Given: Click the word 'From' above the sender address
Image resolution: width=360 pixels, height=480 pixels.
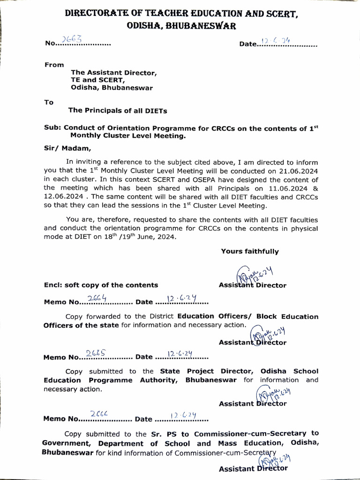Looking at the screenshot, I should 54,65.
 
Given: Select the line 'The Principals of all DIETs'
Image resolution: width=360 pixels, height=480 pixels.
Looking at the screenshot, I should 118,111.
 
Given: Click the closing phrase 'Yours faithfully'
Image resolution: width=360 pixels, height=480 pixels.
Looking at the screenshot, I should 250,251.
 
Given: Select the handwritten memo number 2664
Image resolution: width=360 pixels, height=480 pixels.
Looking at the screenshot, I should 97,298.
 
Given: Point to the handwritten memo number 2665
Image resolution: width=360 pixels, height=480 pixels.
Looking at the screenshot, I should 97,353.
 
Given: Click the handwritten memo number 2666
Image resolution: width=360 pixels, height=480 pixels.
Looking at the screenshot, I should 99,414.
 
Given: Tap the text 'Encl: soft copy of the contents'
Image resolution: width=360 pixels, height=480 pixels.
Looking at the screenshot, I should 101,285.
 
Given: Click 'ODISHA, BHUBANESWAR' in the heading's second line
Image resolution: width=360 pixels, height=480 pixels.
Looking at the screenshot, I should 181,27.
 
